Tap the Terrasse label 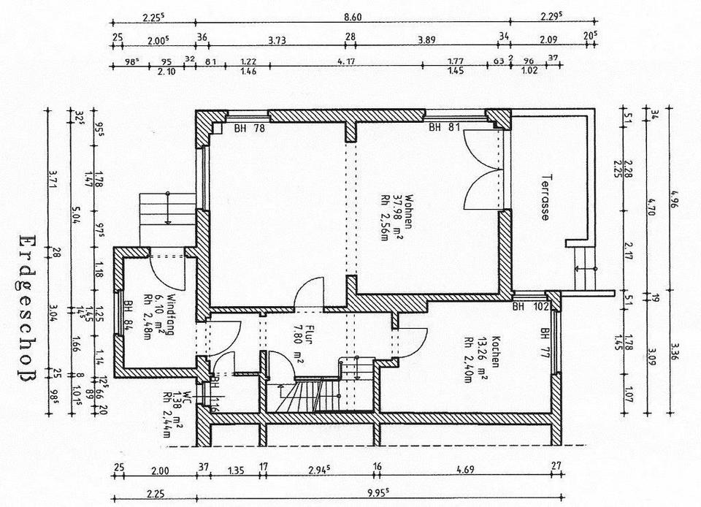tap(545, 197)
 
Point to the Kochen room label tap(494, 351)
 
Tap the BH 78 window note tap(249, 129)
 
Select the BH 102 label tap(529, 307)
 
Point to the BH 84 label tap(129, 315)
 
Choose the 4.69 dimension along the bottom tap(464, 470)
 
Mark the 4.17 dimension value tap(345, 61)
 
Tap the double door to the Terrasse tap(483, 169)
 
